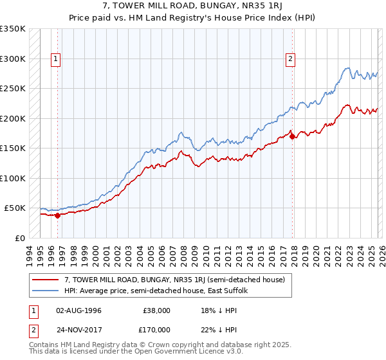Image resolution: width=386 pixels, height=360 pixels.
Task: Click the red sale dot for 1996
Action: pyautogui.click(x=58, y=216)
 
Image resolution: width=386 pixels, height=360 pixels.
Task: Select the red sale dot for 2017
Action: pyautogui.click(x=293, y=136)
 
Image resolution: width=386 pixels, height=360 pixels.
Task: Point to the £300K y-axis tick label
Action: pyautogui.click(x=13, y=59)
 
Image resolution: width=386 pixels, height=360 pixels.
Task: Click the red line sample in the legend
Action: pyautogui.click(x=46, y=280)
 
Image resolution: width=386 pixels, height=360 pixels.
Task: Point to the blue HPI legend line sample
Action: pyautogui.click(x=46, y=291)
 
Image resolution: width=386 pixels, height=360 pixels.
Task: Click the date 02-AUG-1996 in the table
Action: pyautogui.click(x=78, y=310)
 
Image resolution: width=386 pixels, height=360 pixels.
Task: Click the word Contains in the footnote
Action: pyautogui.click(x=44, y=346)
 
